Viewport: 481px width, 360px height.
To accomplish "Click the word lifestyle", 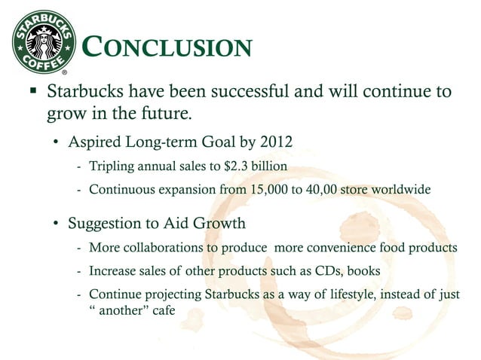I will (x=328, y=293).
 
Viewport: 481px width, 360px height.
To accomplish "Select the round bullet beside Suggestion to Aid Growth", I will (x=57, y=224).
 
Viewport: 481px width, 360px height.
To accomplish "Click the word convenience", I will (x=336, y=248).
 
